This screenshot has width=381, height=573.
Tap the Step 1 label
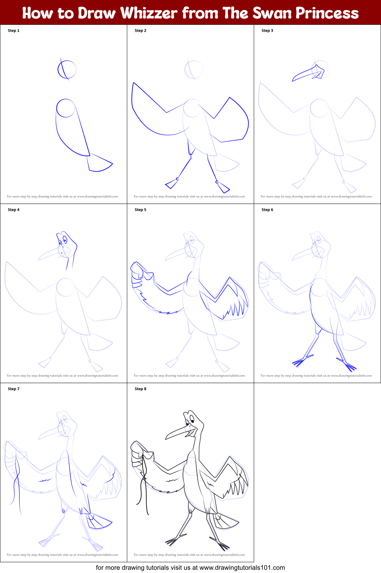(x=14, y=31)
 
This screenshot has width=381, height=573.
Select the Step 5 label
(x=140, y=210)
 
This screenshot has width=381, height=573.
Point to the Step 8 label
(x=140, y=389)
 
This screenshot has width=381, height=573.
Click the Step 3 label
(x=267, y=31)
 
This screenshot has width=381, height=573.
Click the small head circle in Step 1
(x=67, y=69)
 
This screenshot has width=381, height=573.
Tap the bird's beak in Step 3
(x=306, y=74)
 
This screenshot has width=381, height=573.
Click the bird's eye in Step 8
(x=192, y=419)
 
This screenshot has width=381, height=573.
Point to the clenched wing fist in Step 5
(x=138, y=272)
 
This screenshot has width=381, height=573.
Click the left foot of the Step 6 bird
(x=300, y=361)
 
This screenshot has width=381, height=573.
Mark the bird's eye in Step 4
(x=65, y=239)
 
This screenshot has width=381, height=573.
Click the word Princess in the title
(x=327, y=13)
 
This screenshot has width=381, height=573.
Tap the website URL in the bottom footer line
(x=242, y=568)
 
